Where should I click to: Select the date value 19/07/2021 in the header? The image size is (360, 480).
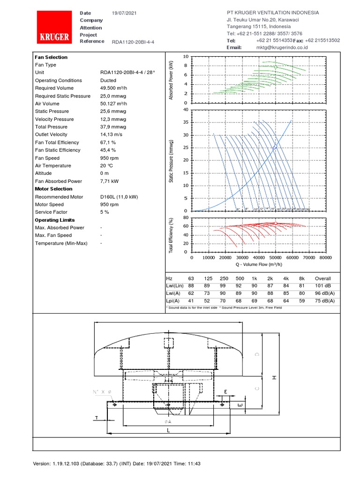click(124, 13)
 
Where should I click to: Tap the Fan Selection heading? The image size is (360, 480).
click(51, 57)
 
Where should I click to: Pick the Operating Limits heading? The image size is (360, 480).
click(54, 220)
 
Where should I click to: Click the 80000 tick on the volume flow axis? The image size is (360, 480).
click(325, 258)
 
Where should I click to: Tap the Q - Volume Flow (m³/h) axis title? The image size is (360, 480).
click(258, 264)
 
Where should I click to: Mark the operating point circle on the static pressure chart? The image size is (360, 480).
click(275, 147)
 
